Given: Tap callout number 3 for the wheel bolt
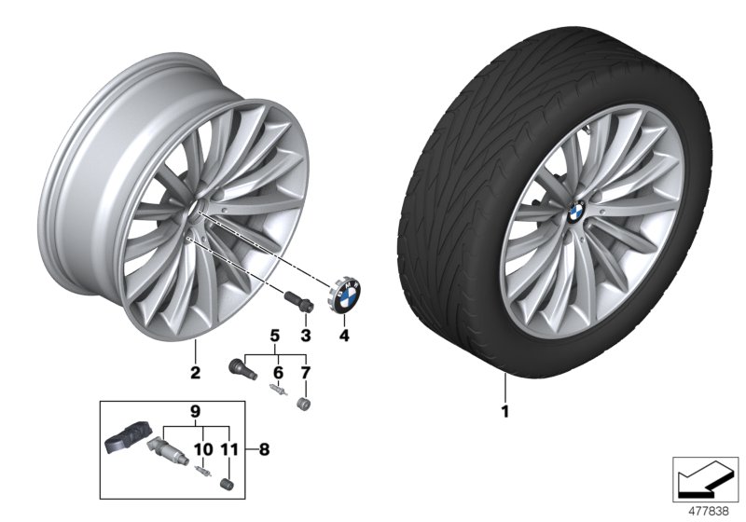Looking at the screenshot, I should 303,335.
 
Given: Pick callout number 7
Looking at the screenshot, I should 303,372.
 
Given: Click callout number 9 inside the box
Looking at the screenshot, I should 195,411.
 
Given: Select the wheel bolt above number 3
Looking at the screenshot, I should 296,305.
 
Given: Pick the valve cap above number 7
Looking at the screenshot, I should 303,404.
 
